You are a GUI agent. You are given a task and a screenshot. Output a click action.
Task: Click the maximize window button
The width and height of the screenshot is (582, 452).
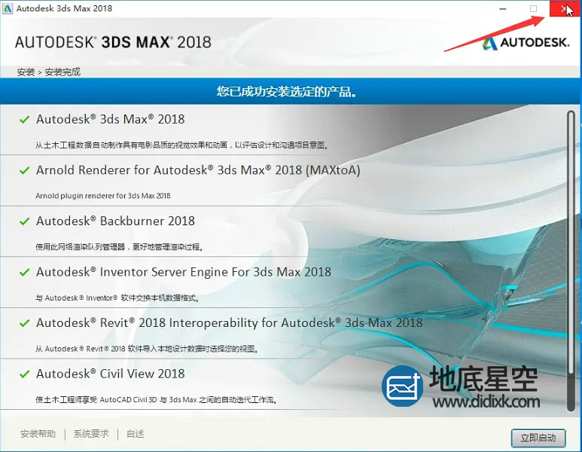click(x=533, y=8)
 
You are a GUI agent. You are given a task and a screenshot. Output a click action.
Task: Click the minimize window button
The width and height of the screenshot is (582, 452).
click(x=503, y=8)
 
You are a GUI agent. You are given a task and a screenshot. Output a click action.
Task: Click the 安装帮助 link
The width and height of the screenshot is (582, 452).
click(x=38, y=434)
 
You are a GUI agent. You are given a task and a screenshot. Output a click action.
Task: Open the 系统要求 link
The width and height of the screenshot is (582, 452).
click(x=91, y=434)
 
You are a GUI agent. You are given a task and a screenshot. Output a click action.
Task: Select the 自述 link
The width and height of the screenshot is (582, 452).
click(x=135, y=434)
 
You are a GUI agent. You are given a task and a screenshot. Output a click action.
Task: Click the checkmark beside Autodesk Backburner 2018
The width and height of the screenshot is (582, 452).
click(x=25, y=221)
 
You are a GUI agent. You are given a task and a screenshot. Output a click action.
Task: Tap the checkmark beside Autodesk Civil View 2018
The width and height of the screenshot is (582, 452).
click(x=25, y=374)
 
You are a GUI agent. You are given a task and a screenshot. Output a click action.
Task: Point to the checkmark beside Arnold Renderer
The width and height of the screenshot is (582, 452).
click(x=25, y=170)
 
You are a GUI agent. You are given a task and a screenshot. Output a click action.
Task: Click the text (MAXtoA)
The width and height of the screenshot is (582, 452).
click(x=333, y=170)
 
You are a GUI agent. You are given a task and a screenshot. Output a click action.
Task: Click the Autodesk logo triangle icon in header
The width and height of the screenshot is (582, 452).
click(x=490, y=43)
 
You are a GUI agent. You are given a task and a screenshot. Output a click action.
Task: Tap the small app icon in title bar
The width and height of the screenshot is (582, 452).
click(x=7, y=8)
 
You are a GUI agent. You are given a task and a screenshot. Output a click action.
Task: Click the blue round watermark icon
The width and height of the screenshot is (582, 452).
click(x=403, y=386)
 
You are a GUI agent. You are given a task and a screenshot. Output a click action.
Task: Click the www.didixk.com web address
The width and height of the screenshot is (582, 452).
click(x=486, y=402)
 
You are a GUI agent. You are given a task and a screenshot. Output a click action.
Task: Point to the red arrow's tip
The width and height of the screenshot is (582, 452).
click(x=545, y=16)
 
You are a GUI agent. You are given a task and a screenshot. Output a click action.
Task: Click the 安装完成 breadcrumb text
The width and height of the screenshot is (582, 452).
click(x=62, y=72)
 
